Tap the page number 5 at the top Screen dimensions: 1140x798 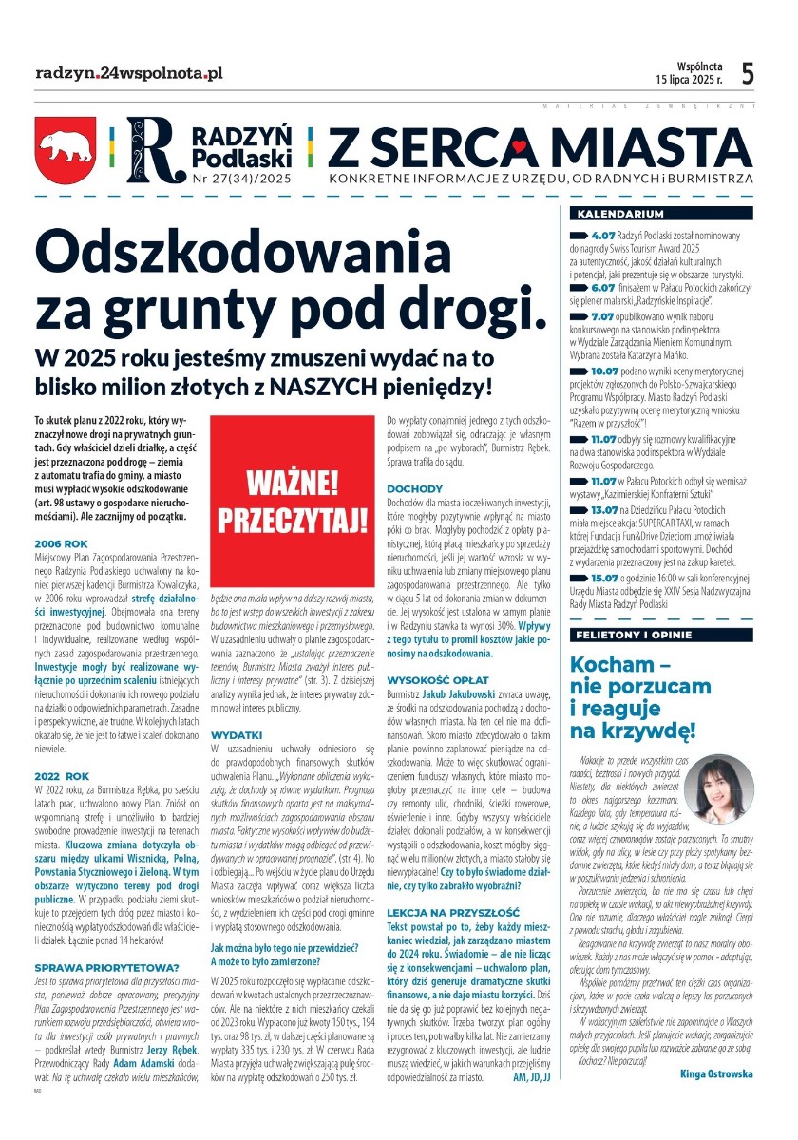click(748, 73)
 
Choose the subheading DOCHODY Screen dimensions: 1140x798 click(408, 488)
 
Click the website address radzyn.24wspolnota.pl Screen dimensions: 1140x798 click(129, 73)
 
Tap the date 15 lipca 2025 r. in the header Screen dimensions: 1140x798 click(688, 80)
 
